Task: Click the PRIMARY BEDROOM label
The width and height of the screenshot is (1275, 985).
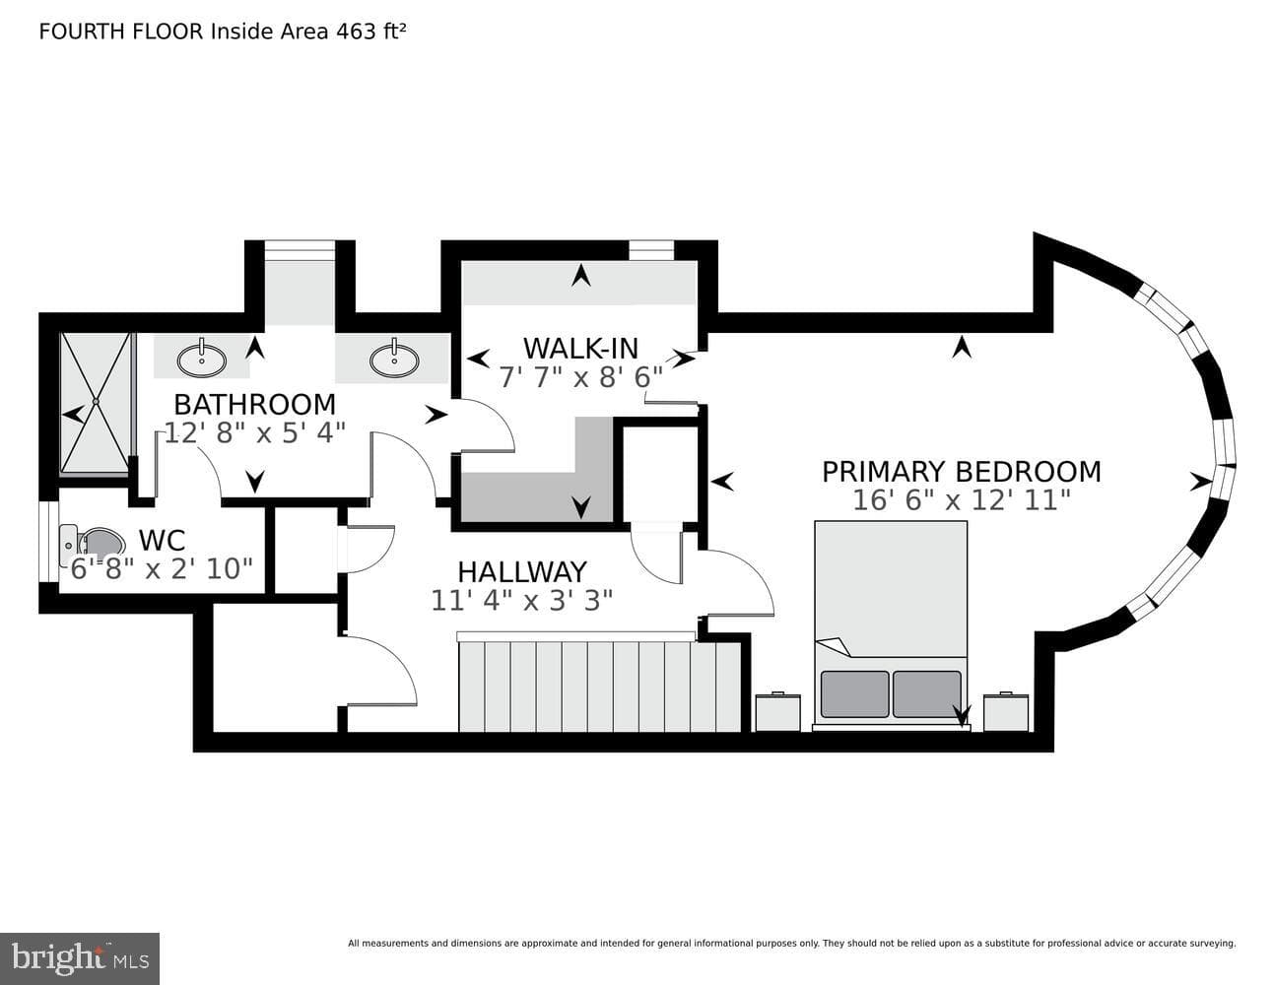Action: (x=961, y=472)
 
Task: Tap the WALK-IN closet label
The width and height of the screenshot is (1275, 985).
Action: (x=580, y=349)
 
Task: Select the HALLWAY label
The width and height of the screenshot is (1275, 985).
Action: (x=522, y=572)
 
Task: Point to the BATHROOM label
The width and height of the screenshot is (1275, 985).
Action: (x=254, y=405)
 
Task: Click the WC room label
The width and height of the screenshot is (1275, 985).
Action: (x=162, y=541)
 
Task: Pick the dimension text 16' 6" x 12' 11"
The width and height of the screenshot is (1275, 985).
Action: (x=961, y=500)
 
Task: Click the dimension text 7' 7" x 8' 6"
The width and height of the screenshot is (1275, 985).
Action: (x=580, y=377)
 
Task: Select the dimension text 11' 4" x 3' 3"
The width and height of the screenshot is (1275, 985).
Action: (x=521, y=601)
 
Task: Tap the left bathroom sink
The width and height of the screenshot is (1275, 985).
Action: (x=201, y=359)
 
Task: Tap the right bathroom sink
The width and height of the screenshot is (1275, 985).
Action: (x=394, y=359)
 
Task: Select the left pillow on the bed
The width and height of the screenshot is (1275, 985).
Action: (x=854, y=694)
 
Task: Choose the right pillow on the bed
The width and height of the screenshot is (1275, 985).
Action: (x=927, y=694)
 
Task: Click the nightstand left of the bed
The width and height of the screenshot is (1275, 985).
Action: (x=778, y=712)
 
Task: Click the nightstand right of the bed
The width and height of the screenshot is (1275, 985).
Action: (x=1006, y=712)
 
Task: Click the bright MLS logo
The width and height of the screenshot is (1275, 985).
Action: (x=80, y=958)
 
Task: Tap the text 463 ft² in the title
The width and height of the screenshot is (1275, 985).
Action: (x=370, y=32)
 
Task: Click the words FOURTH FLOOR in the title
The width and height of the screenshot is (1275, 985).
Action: (x=121, y=32)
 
